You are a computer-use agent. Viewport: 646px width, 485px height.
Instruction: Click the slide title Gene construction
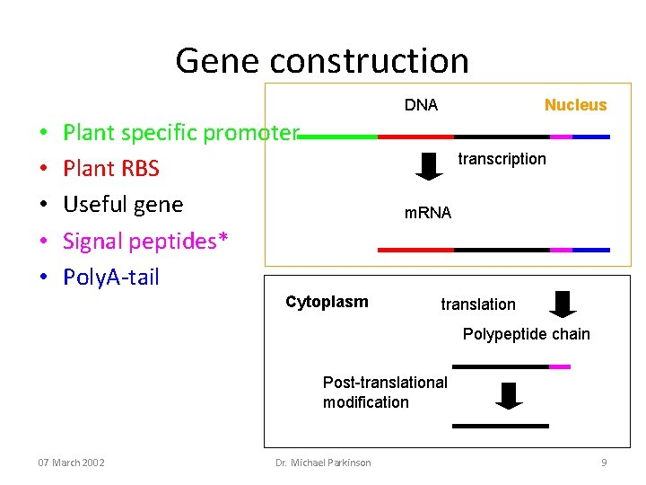[322, 60]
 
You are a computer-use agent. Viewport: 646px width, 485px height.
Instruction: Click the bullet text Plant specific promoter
[180, 133]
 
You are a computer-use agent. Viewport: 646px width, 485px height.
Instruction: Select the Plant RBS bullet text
[111, 169]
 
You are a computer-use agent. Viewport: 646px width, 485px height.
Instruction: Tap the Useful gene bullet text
[123, 205]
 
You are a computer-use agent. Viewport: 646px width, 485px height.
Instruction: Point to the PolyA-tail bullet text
[111, 277]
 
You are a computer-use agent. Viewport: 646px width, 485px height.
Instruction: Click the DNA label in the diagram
[421, 105]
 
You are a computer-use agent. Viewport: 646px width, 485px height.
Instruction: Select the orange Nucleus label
[575, 105]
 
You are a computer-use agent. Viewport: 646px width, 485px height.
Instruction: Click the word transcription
[502, 159]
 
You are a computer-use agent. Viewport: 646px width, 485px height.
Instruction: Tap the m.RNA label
[428, 213]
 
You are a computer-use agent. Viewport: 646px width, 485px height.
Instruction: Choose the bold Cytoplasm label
[327, 302]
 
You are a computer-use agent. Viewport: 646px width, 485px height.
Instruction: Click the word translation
[478, 304]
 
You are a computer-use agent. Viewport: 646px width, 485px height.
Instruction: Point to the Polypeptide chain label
[526, 334]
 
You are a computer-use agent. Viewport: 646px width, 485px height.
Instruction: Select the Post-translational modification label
[385, 392]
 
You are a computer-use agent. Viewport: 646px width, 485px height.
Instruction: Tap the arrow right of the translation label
[563, 304]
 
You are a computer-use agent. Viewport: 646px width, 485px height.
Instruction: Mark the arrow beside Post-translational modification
[509, 395]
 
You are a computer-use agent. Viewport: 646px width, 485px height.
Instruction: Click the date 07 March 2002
[71, 463]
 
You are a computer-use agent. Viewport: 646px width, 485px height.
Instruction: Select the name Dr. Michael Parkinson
[323, 463]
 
